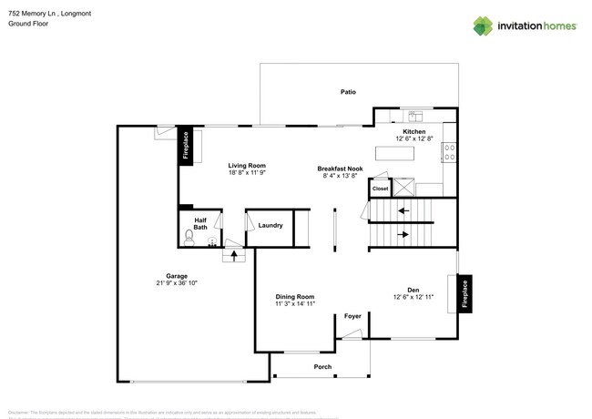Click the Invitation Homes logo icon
pyautogui.click(x=483, y=26)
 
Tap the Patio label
pyautogui.click(x=348, y=92)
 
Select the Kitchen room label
pyautogui.click(x=414, y=131)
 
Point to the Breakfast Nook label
pyautogui.click(x=340, y=169)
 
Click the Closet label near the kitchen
pyautogui.click(x=380, y=189)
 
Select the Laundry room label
pyautogui.click(x=270, y=225)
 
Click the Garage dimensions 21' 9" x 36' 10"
pyautogui.click(x=177, y=283)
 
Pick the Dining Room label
pyautogui.click(x=295, y=296)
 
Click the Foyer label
pyautogui.click(x=352, y=316)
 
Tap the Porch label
pyautogui.click(x=322, y=366)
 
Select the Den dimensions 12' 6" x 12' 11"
pyautogui.click(x=413, y=297)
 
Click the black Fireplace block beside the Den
pyautogui.click(x=464, y=294)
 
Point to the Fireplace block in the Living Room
pyautogui.click(x=185, y=146)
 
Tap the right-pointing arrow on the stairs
pyautogui.click(x=403, y=234)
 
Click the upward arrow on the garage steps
pyautogui.click(x=235, y=255)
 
